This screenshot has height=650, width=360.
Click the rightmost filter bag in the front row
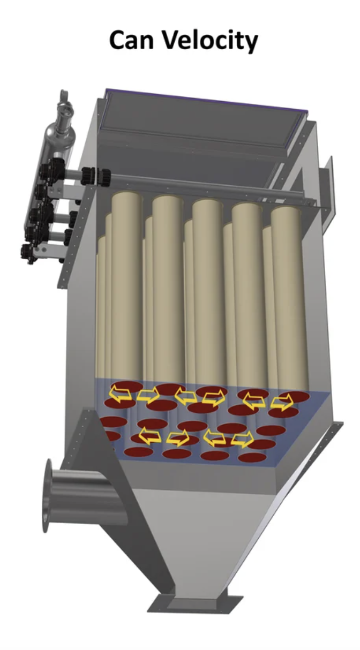coord(289,294)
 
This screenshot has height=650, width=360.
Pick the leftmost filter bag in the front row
coord(127,284)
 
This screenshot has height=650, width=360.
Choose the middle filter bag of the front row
coord(208,289)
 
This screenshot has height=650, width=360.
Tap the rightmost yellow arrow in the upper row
coord(282,402)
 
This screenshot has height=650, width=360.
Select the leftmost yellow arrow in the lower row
coord(149,436)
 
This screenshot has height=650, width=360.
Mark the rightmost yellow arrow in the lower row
coord(242,440)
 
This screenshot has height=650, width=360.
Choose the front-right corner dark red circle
coord(252,458)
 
